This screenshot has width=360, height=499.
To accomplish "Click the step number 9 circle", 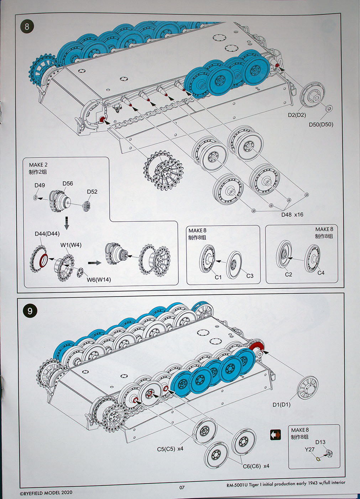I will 30,311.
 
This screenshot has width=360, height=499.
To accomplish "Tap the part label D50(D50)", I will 321,124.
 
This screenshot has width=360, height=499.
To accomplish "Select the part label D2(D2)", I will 297,115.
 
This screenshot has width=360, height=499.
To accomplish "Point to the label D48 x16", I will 292,215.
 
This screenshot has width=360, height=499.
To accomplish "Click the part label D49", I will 40,185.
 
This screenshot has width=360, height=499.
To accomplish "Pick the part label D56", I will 68,184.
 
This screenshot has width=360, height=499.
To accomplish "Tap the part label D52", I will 92,192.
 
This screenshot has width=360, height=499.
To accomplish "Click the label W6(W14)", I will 99,280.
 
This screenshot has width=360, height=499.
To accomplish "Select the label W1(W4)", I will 71,245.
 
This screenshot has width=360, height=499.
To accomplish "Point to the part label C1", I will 218,277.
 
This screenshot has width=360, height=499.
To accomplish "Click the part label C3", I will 250,276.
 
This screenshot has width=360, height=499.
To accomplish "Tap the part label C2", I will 288,274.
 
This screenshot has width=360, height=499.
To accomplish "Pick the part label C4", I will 321,273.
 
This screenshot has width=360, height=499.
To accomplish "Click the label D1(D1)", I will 282,405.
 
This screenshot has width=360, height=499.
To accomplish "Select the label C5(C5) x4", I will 170,449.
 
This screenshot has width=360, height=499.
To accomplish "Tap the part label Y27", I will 310,449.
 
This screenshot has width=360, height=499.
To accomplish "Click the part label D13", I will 320,442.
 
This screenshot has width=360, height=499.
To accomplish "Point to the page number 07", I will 182,488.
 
